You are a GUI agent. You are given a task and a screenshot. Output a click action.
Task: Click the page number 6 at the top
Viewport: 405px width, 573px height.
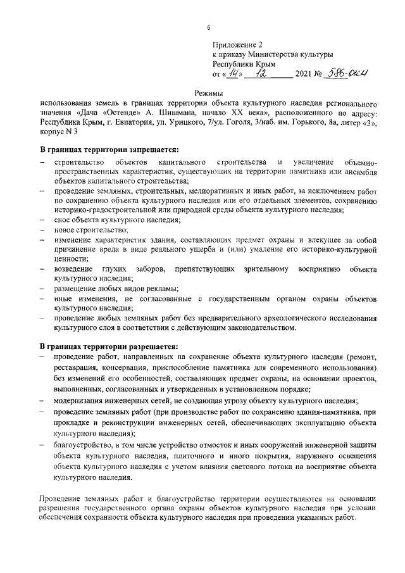click(208, 28)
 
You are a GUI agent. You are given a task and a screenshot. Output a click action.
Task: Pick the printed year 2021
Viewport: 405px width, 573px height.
click(306, 75)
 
